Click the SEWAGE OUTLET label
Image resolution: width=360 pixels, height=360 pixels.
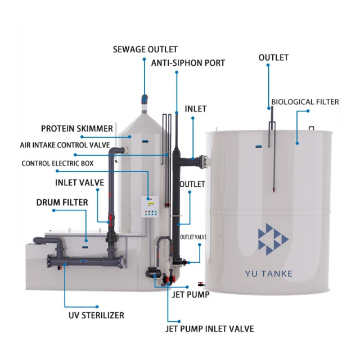tap(145, 49)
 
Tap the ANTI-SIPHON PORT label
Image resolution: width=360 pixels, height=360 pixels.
tap(188, 63)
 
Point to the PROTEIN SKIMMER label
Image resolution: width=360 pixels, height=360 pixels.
tap(76, 129)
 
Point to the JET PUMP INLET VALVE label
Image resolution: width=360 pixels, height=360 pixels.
tap(209, 328)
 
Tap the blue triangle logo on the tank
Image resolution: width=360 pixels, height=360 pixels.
tap(272, 240)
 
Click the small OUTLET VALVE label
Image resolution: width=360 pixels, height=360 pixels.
tap(193, 237)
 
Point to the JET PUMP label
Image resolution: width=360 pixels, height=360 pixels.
tap(191, 294)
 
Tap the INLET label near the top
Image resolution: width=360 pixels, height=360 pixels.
tap(196, 109)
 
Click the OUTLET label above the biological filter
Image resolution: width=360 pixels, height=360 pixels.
tap(273, 57)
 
